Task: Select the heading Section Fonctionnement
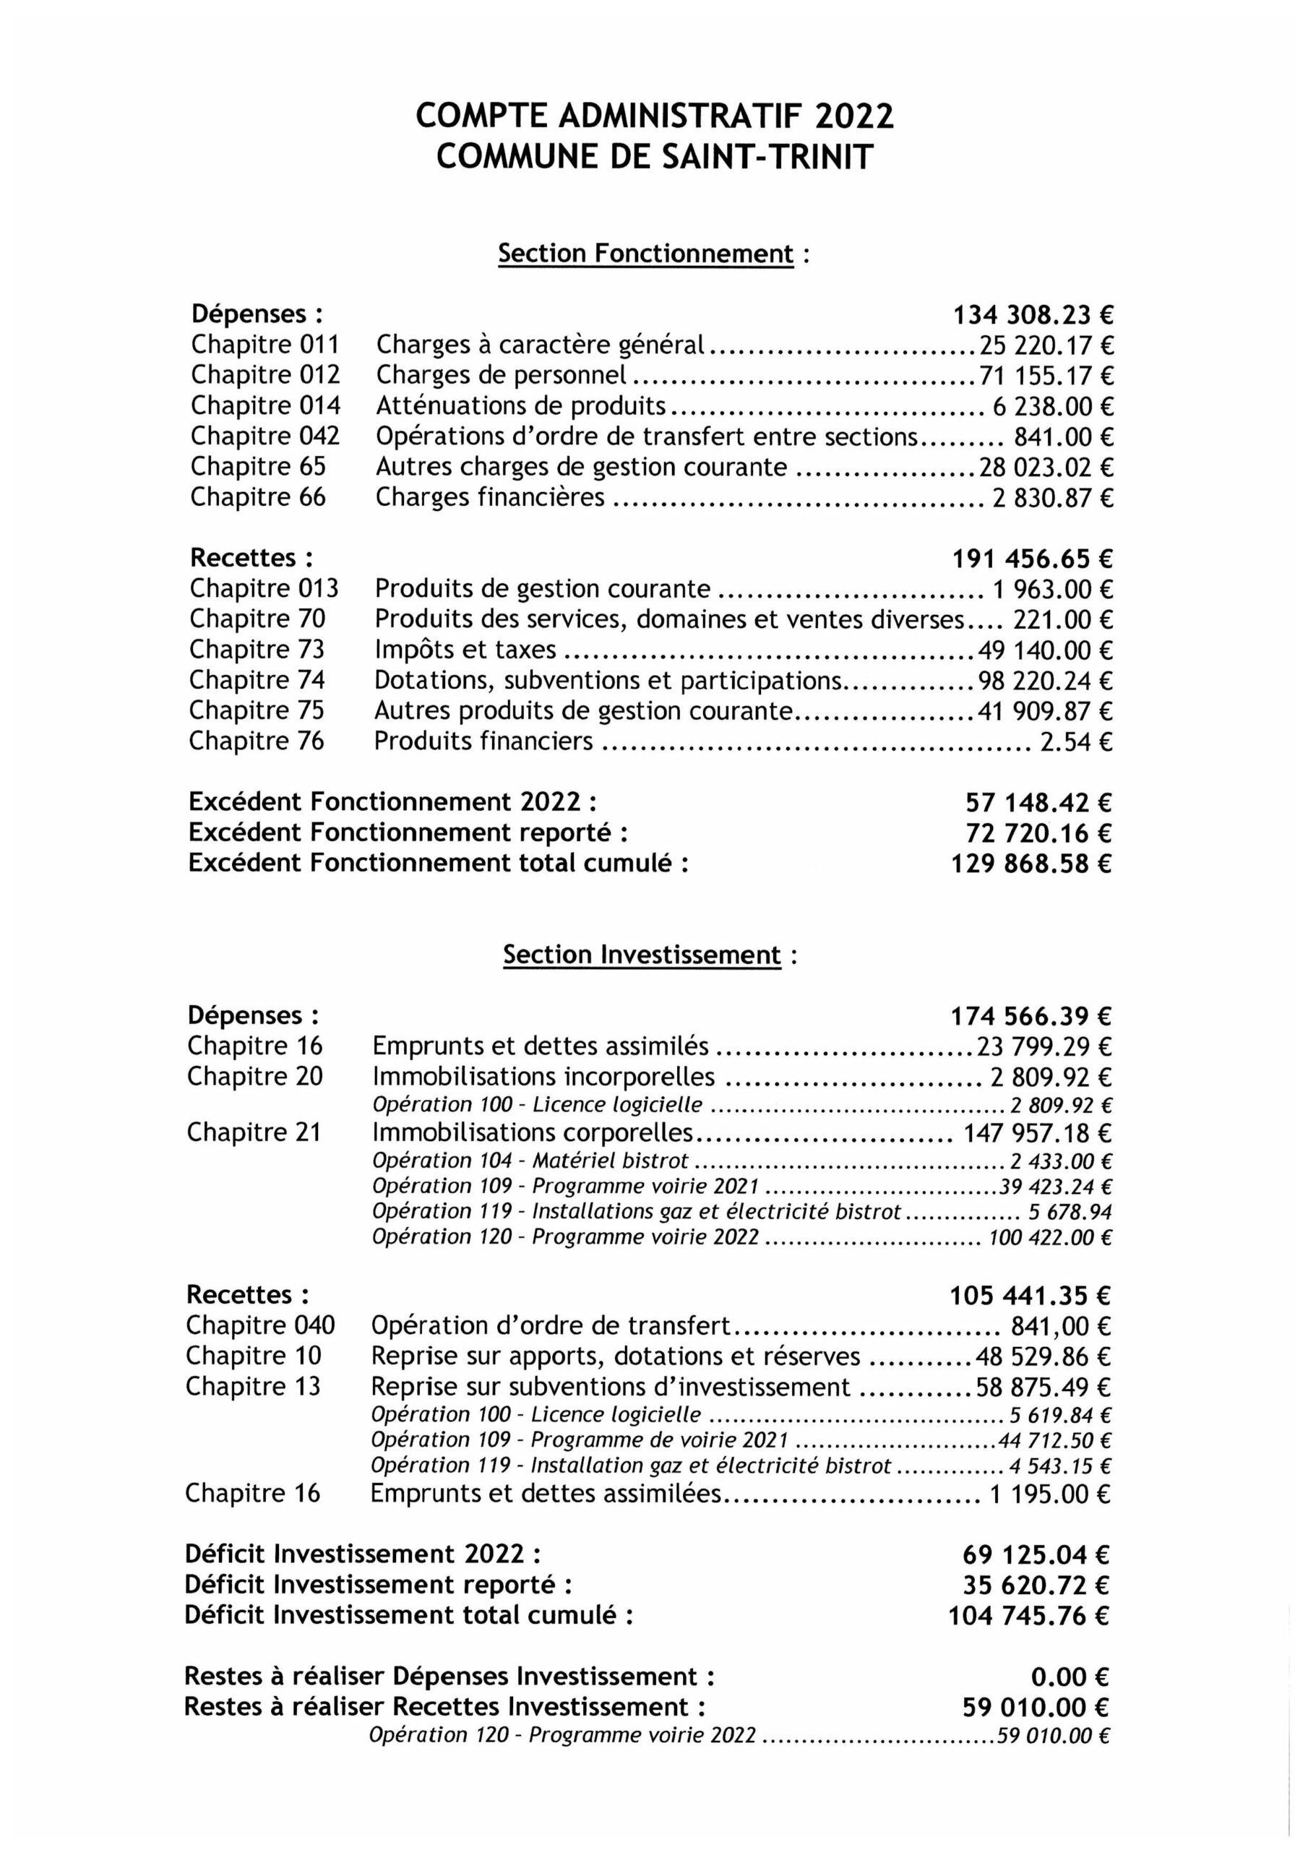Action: pos(645,254)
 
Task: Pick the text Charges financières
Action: pos(490,497)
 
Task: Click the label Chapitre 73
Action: pos(257,650)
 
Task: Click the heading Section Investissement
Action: pos(642,955)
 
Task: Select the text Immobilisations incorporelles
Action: pos(543,1077)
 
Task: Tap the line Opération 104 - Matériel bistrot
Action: pos(530,1161)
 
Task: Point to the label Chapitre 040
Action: pos(260,1325)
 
